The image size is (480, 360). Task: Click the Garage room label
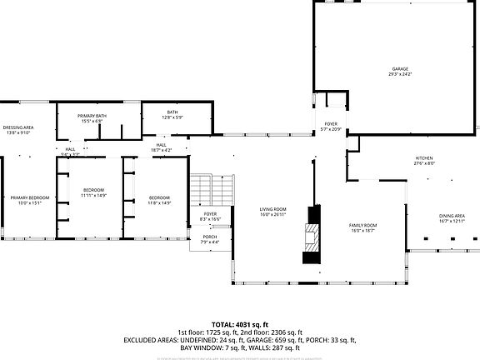[400, 69]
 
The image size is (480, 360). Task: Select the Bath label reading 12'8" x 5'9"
[172, 114]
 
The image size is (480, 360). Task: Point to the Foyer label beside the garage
[331, 127]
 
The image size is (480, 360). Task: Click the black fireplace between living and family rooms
[312, 235]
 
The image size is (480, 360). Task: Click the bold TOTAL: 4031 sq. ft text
[239, 324]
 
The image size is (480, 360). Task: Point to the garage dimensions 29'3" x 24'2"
[400, 75]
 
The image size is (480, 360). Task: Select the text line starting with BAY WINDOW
[239, 348]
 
